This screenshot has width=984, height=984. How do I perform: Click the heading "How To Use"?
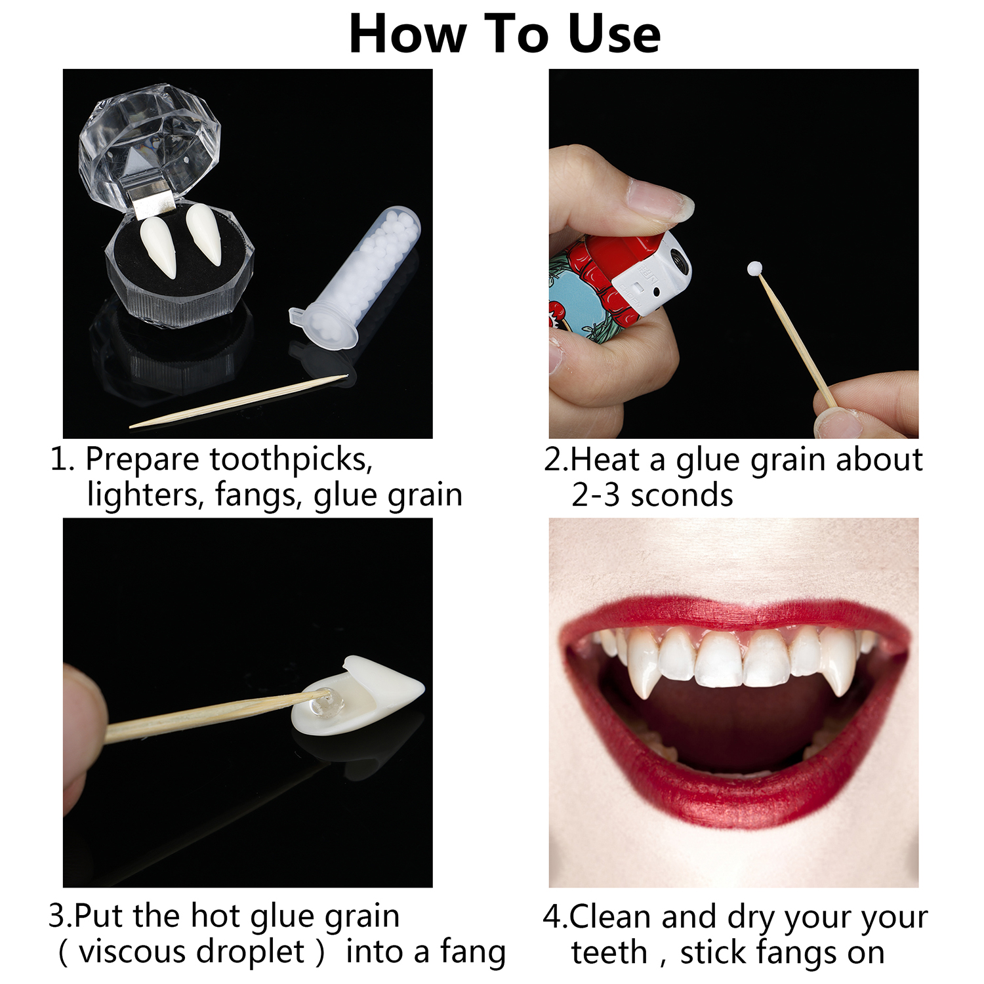pos(504,34)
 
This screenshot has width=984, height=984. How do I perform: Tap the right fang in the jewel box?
pos(204,234)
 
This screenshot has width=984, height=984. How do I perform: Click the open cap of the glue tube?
pos(322,325)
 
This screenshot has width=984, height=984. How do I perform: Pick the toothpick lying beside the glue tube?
pos(239,401)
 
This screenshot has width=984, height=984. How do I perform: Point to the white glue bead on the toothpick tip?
pos(754,268)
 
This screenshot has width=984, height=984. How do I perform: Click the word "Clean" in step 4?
pos(609,916)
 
